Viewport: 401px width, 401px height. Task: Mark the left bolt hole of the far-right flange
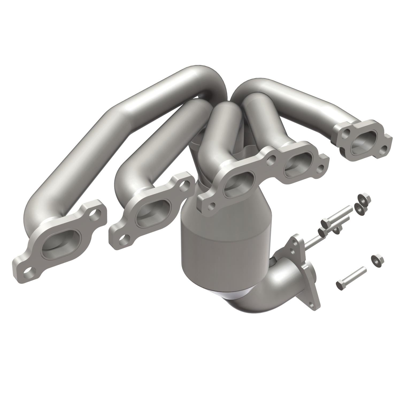click(346, 132)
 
